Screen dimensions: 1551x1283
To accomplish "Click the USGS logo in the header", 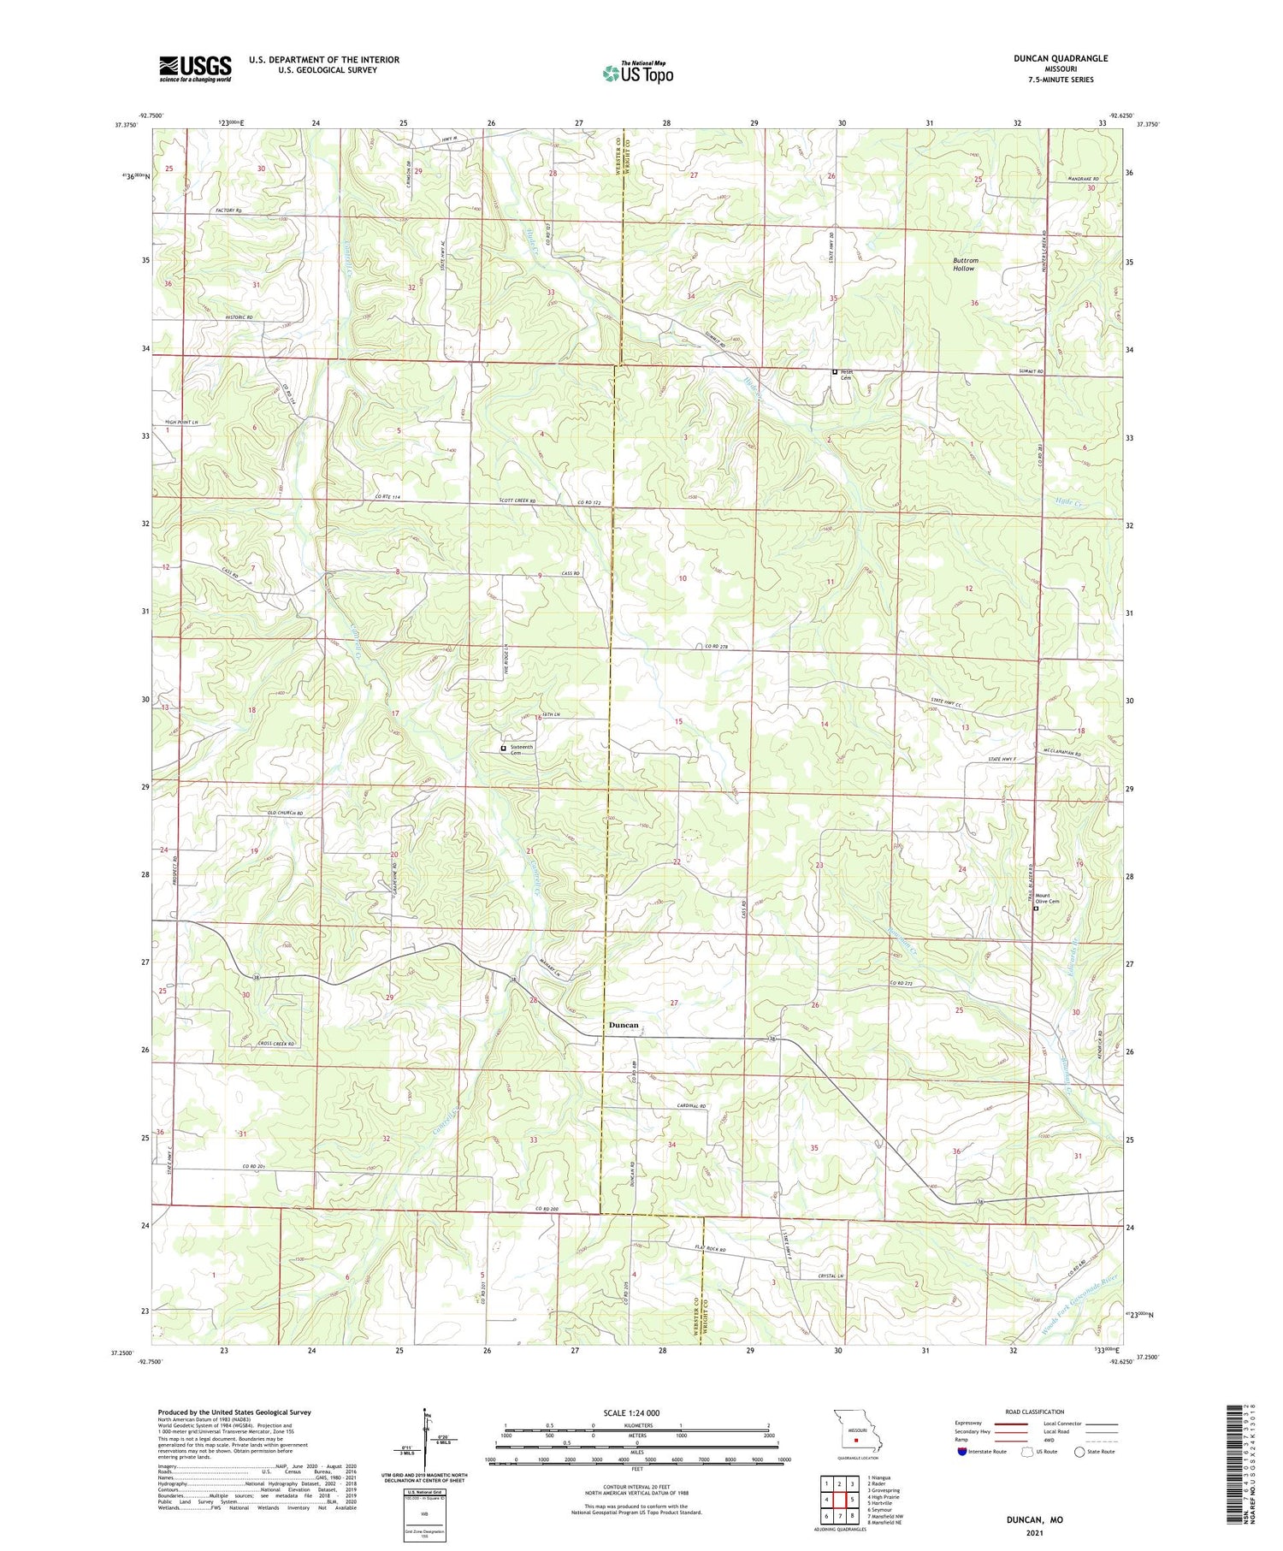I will coord(195,68).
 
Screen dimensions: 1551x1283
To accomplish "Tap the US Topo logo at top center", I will coord(637,74).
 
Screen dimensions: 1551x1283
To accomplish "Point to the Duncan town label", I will coord(623,1025).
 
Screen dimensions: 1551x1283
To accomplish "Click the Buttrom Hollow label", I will coord(966,264).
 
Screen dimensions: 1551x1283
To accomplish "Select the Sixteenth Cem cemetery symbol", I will coord(503,749).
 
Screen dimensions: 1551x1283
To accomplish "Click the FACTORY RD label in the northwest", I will coord(205,210).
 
